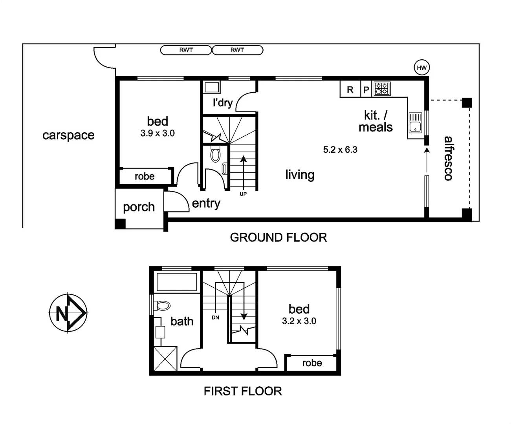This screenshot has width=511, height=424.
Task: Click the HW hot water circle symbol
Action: pos(421,68)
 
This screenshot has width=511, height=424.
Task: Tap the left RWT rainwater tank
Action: pos(186,50)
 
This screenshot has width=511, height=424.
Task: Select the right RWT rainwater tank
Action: pos(237,50)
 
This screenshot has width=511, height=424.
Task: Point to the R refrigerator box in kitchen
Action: pos(350,90)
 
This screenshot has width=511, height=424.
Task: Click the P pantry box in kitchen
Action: pos(366,90)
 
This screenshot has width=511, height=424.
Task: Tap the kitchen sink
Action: pos(415,122)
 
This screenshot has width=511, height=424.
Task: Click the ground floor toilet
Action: pos(215,154)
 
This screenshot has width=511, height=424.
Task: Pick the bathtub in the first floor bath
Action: pos(176,282)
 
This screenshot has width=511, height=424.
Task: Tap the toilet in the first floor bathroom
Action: pos(162,305)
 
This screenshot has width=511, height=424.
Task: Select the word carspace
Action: pos(68,135)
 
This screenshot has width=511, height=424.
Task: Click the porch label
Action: pos(139,207)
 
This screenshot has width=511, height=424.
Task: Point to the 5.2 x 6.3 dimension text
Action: pos(340,150)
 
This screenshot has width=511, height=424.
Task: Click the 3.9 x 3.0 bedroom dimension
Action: pos(158,133)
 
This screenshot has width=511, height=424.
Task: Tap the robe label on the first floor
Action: pos(312,363)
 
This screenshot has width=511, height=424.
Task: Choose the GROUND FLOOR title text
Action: pos(278,238)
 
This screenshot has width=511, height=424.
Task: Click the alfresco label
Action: pos(448,158)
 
